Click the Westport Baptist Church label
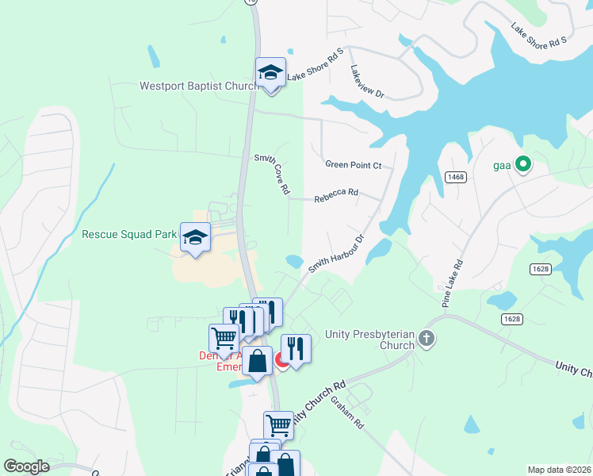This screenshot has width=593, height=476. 197,86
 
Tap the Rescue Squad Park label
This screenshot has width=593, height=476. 130,234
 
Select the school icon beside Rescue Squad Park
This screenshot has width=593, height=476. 195,236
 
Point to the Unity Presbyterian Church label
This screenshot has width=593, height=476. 369,340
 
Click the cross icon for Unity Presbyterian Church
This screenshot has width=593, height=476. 427,340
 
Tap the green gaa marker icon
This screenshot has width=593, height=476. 522,165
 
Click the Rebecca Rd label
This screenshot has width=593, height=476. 336,193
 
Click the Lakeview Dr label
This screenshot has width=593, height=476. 366,82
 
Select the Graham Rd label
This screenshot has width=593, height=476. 347,413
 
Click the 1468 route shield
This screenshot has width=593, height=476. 455,177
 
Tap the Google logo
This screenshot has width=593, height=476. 26,466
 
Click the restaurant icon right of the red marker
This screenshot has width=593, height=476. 295,347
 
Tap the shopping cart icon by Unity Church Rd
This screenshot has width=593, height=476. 278,424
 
